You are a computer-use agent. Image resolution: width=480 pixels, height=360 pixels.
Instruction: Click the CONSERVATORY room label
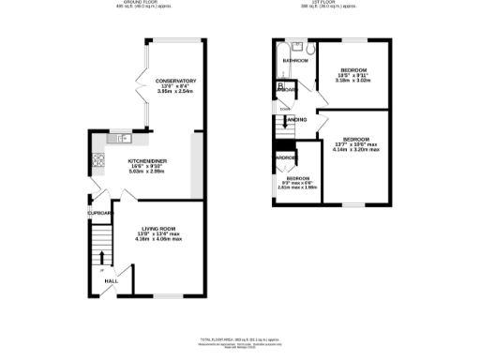click(x=176, y=82)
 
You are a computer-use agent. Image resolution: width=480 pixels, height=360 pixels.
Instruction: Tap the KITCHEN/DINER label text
click(x=147, y=160)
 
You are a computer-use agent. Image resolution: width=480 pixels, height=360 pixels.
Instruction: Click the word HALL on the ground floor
click(x=111, y=280)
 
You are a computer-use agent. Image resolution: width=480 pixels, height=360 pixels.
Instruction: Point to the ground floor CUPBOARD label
click(x=100, y=213)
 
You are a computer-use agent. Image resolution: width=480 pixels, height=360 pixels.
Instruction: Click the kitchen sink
click(x=121, y=140)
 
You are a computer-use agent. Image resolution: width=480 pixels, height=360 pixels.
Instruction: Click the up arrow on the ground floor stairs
click(x=101, y=260)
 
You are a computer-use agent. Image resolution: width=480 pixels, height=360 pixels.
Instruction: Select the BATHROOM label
click(x=296, y=61)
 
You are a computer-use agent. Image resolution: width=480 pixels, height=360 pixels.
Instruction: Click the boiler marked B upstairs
click(x=280, y=87)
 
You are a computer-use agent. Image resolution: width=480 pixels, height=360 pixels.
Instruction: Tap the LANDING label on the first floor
click(x=295, y=120)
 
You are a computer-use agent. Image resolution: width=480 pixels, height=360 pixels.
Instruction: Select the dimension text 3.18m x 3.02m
click(x=353, y=82)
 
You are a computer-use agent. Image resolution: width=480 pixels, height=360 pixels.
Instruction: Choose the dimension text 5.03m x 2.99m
click(x=147, y=172)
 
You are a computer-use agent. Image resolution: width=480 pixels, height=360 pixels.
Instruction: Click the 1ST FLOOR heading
click(x=327, y=4)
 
